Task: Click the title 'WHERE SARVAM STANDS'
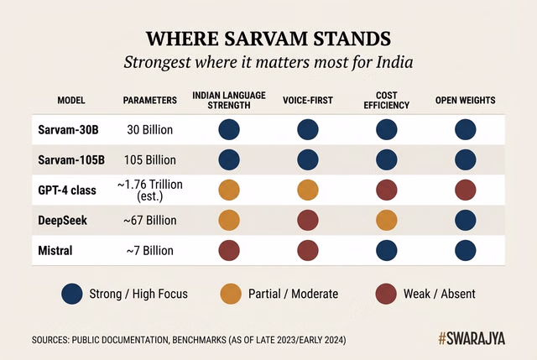[268, 39]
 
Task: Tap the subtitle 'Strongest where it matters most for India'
[268, 62]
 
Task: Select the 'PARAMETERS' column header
[150, 100]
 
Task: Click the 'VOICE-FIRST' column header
[307, 100]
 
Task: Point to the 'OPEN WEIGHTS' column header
[465, 100]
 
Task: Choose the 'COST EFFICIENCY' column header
[386, 100]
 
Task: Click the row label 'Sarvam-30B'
[67, 130]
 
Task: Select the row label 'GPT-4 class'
[67, 190]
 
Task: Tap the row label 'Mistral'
[57, 251]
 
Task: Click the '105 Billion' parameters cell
[150, 160]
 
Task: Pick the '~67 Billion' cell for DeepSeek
[150, 221]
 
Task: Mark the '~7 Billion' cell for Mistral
[150, 251]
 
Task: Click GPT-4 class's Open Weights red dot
[465, 190]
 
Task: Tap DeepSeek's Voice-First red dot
[307, 221]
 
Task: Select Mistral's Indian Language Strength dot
[229, 251]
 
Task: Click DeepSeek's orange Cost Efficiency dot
[386, 221]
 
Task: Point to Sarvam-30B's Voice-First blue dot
[307, 130]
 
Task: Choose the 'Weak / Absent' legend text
[439, 294]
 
